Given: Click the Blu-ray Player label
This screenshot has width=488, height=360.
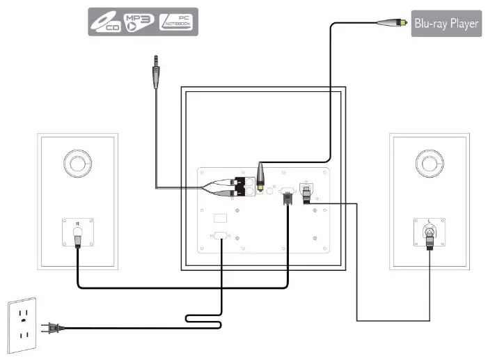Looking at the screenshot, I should [446, 23].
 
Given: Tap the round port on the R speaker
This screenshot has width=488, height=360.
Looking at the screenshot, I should [78, 233].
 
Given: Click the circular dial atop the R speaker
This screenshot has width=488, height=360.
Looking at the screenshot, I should [78, 164].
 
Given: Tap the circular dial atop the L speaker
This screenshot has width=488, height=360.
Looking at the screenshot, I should [430, 164].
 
